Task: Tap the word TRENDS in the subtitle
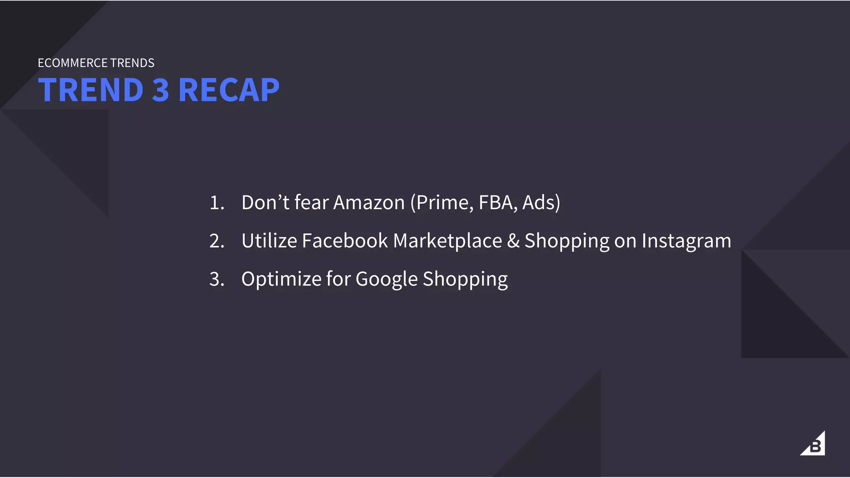pos(132,63)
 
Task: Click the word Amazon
pos(369,203)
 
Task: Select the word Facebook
pos(344,241)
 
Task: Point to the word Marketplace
pos(447,241)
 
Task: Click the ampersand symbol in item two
pos(513,241)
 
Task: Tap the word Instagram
pos(686,241)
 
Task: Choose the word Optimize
pos(281,279)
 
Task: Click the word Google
pos(386,279)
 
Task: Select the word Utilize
pos(269,241)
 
